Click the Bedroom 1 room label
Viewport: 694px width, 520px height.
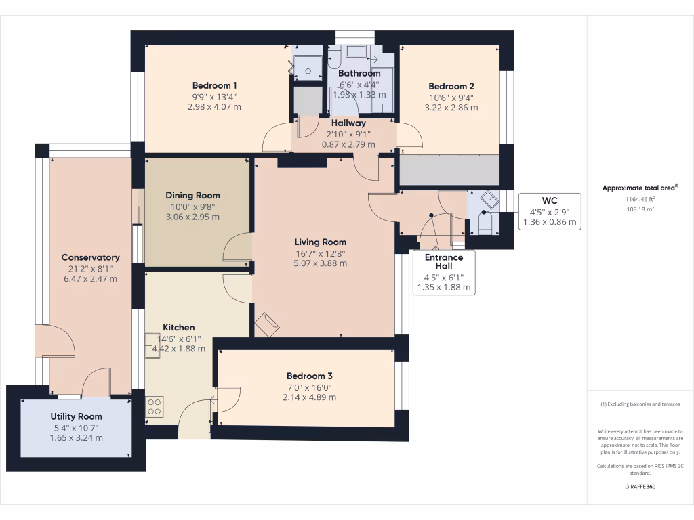click(214, 85)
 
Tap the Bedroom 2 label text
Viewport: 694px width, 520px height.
click(451, 86)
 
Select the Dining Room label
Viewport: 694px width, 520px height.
click(192, 195)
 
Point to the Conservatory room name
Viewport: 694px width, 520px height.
click(90, 257)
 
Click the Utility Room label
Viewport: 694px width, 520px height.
click(76, 416)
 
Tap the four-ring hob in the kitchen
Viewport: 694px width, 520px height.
click(155, 406)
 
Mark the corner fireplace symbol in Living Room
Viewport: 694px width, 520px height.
click(266, 324)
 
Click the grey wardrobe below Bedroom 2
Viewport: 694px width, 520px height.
click(449, 171)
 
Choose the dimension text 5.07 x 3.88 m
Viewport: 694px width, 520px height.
click(321, 263)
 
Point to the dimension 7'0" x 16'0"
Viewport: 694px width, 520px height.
click(309, 387)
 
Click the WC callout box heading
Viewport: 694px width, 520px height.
click(550, 200)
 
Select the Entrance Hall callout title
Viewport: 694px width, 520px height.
click(444, 262)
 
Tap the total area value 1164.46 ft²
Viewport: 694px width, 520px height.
click(640, 200)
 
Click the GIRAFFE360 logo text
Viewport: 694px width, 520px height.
click(640, 487)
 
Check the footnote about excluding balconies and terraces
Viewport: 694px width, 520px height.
click(640, 404)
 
